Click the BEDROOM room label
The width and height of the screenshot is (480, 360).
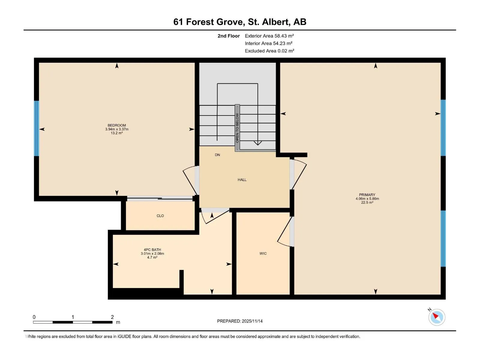click(117, 125)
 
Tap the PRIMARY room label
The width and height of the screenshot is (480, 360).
click(367, 195)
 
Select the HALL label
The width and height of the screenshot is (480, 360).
click(242, 180)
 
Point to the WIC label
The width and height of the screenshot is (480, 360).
click(263, 253)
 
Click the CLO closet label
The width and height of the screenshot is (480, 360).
click(160, 216)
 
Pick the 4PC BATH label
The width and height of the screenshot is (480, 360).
click(152, 250)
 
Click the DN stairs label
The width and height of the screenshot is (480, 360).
click(217, 155)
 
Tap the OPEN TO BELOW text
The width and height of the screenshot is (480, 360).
click(237, 128)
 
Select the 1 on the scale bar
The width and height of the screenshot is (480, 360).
click(73, 317)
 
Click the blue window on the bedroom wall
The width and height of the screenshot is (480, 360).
click(37, 128)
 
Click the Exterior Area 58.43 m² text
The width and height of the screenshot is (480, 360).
click(269, 36)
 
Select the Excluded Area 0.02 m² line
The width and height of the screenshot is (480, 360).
click(269, 51)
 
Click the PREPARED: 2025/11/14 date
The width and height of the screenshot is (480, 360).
click(240, 321)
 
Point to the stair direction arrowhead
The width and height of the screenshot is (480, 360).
click(258, 143)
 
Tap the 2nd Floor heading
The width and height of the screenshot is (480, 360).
click(229, 36)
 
